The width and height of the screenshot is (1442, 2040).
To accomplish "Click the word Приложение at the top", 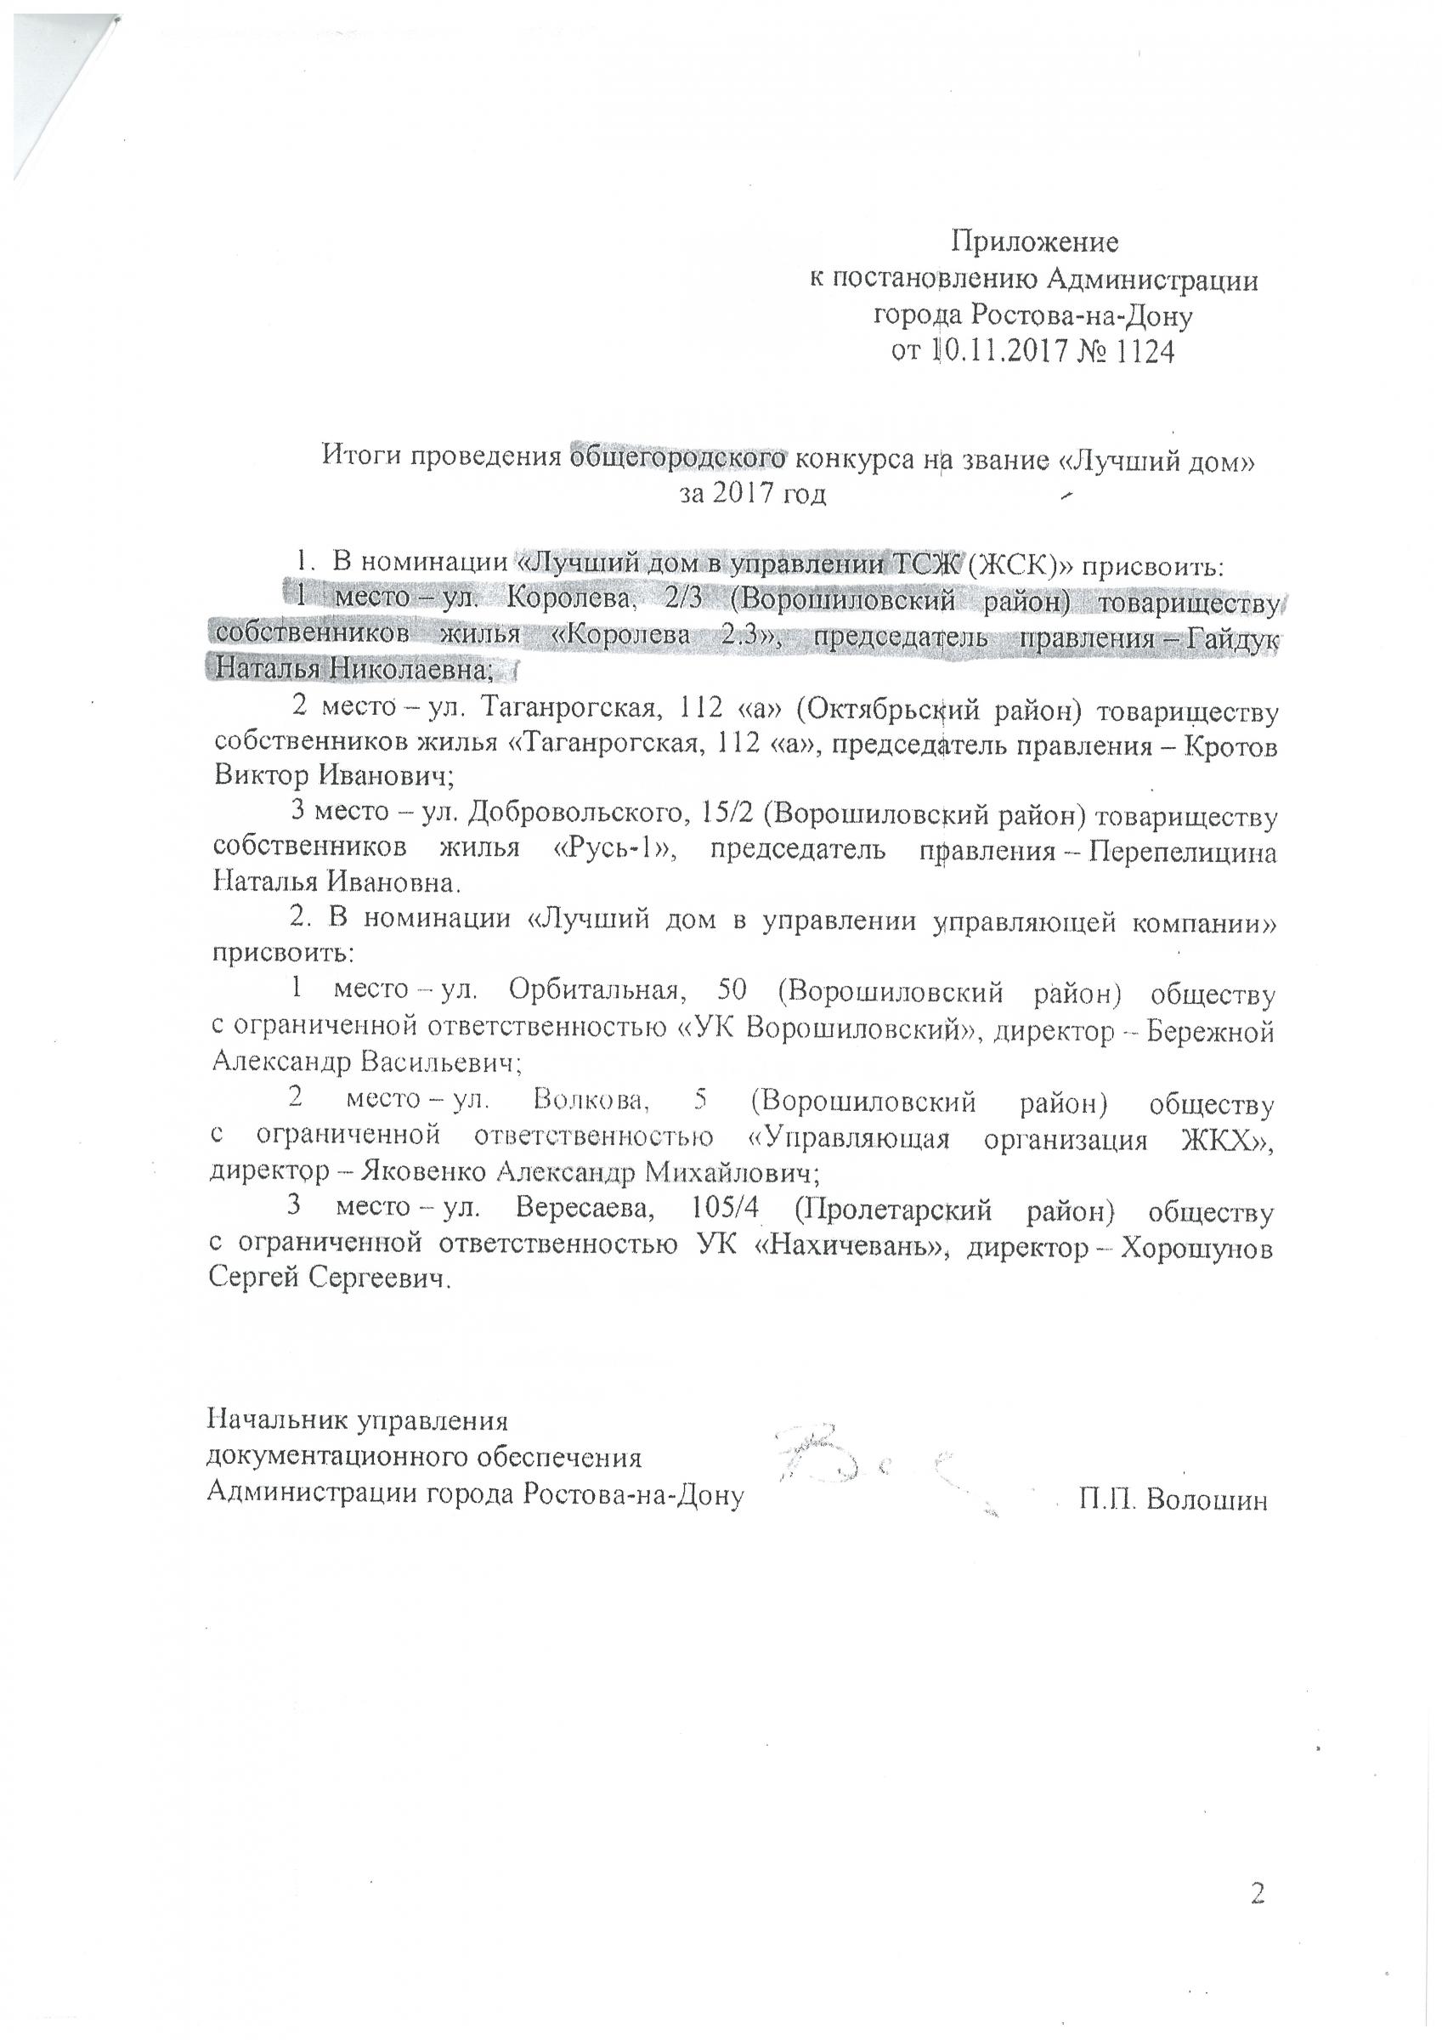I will point(1035,241).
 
